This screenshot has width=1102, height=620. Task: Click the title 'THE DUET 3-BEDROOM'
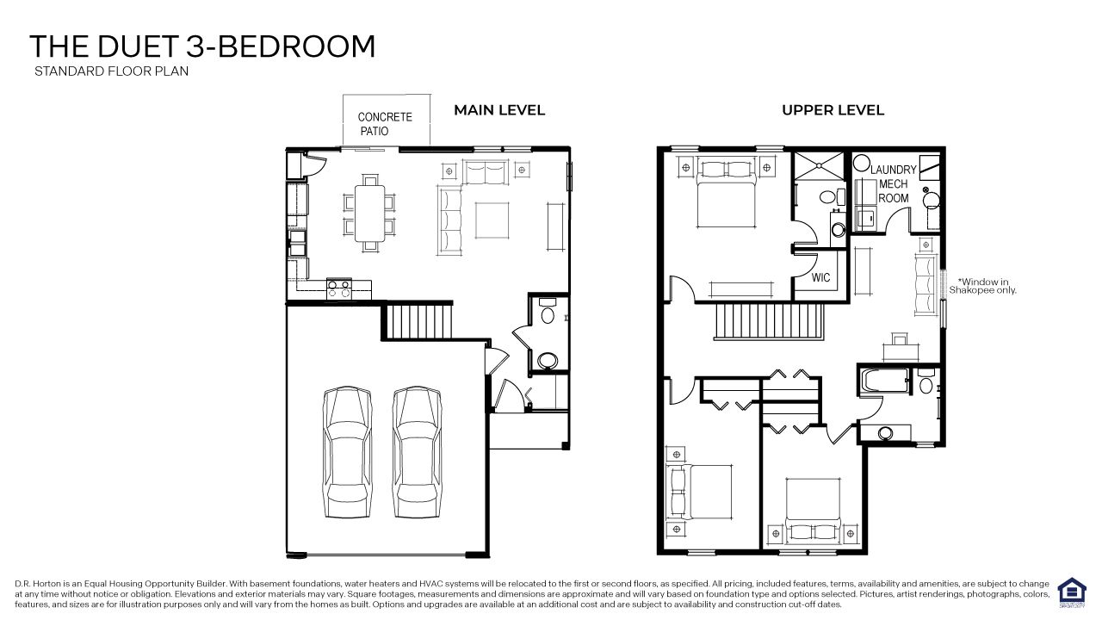tap(202, 46)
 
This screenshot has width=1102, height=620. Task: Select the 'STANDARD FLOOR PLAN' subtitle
tap(111, 71)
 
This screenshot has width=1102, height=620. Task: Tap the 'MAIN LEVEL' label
tap(499, 110)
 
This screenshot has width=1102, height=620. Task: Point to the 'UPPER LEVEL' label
tap(833, 110)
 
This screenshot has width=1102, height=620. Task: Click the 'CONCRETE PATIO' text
tap(385, 124)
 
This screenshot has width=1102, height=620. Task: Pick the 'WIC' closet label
tap(820, 278)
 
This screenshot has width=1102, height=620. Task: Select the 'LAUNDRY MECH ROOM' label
tap(893, 184)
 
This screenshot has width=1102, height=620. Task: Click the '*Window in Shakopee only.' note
tap(983, 286)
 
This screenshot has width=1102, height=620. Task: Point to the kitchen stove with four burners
tap(337, 288)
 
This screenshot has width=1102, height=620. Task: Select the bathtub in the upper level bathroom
tap(884, 380)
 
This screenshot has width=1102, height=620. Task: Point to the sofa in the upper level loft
tap(926, 284)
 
